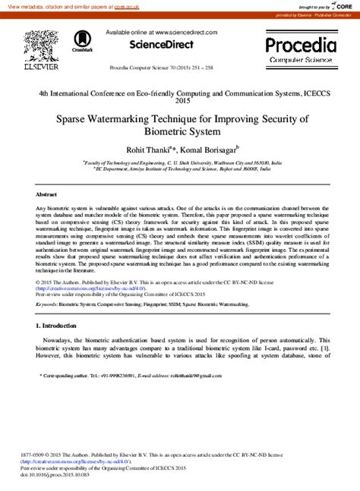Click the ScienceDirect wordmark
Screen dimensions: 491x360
coord(160,45)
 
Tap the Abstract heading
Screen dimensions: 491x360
coord(46,194)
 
